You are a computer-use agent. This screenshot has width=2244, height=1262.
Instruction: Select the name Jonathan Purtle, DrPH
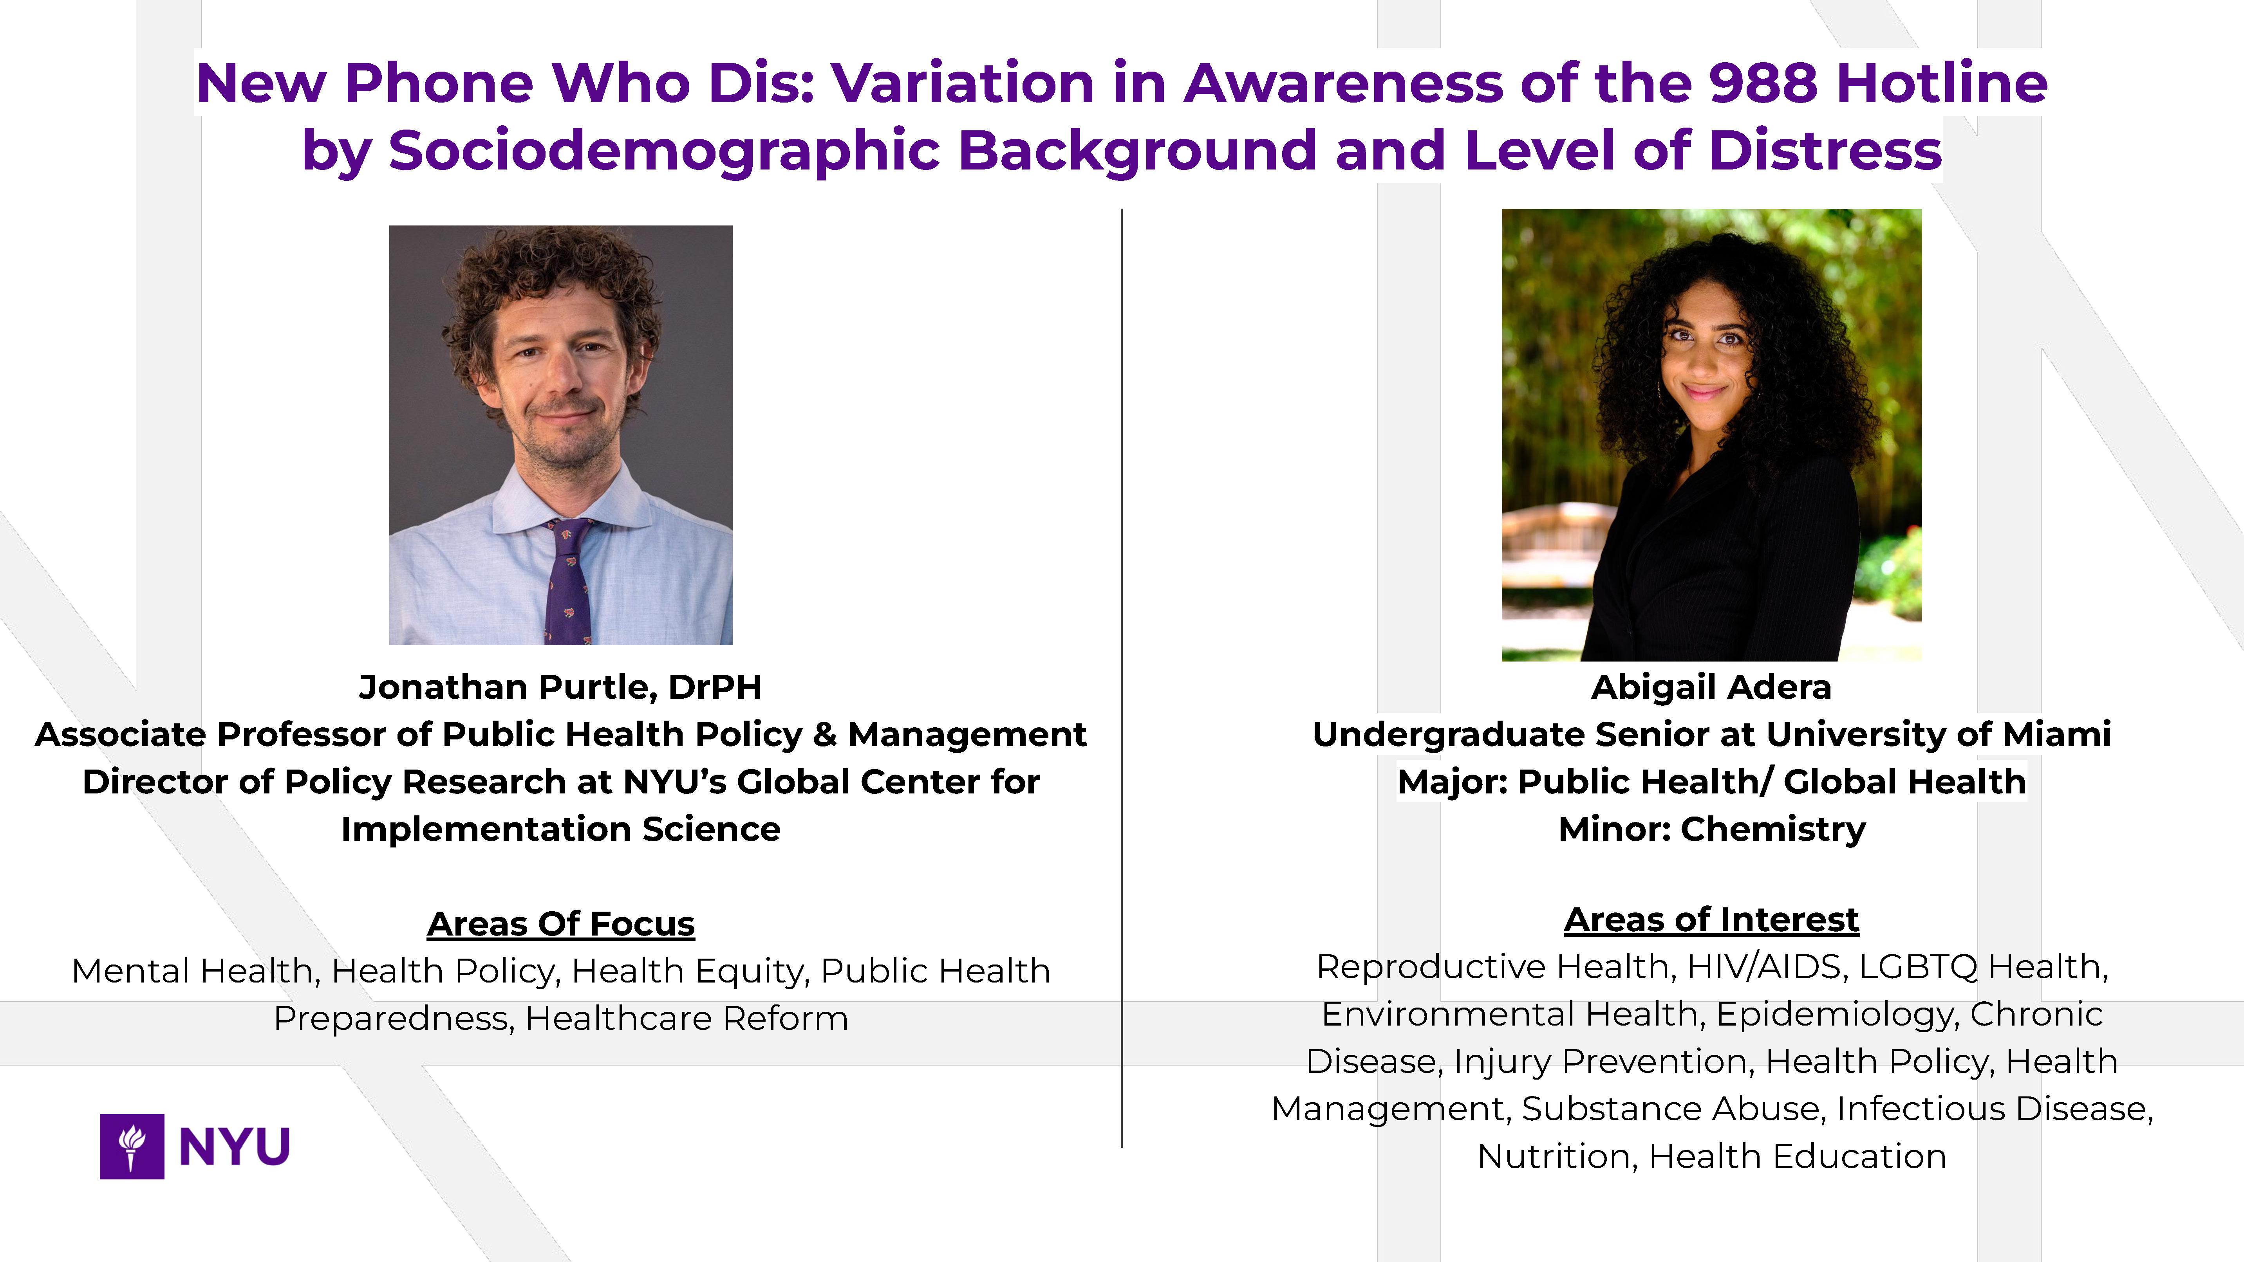560,687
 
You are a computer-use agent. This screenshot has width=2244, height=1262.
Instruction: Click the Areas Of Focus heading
561,923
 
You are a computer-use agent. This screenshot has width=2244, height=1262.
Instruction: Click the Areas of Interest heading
1712,920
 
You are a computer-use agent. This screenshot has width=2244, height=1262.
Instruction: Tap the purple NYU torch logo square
132,1146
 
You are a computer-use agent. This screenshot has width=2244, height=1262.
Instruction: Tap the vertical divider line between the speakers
1122,678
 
